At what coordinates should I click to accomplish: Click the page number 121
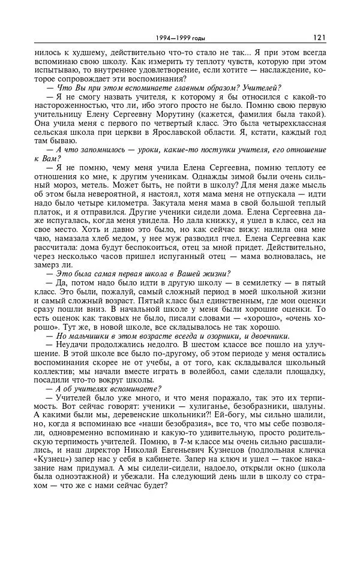[x=319, y=37]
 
